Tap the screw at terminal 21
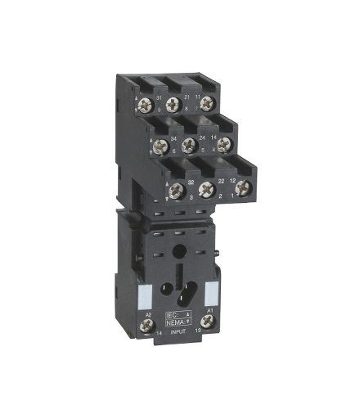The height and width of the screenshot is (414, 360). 173,104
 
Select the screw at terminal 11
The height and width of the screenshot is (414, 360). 208,103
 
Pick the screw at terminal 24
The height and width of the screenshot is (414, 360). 188,146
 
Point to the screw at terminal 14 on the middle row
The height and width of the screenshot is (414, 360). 223,143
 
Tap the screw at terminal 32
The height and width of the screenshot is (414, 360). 174,192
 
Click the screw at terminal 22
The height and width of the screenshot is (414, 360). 206,190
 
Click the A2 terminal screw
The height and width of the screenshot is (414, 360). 149,326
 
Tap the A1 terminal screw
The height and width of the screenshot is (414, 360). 207,323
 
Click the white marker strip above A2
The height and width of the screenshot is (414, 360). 149,295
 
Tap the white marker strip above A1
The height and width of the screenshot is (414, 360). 209,293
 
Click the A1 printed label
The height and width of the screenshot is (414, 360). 209,310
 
